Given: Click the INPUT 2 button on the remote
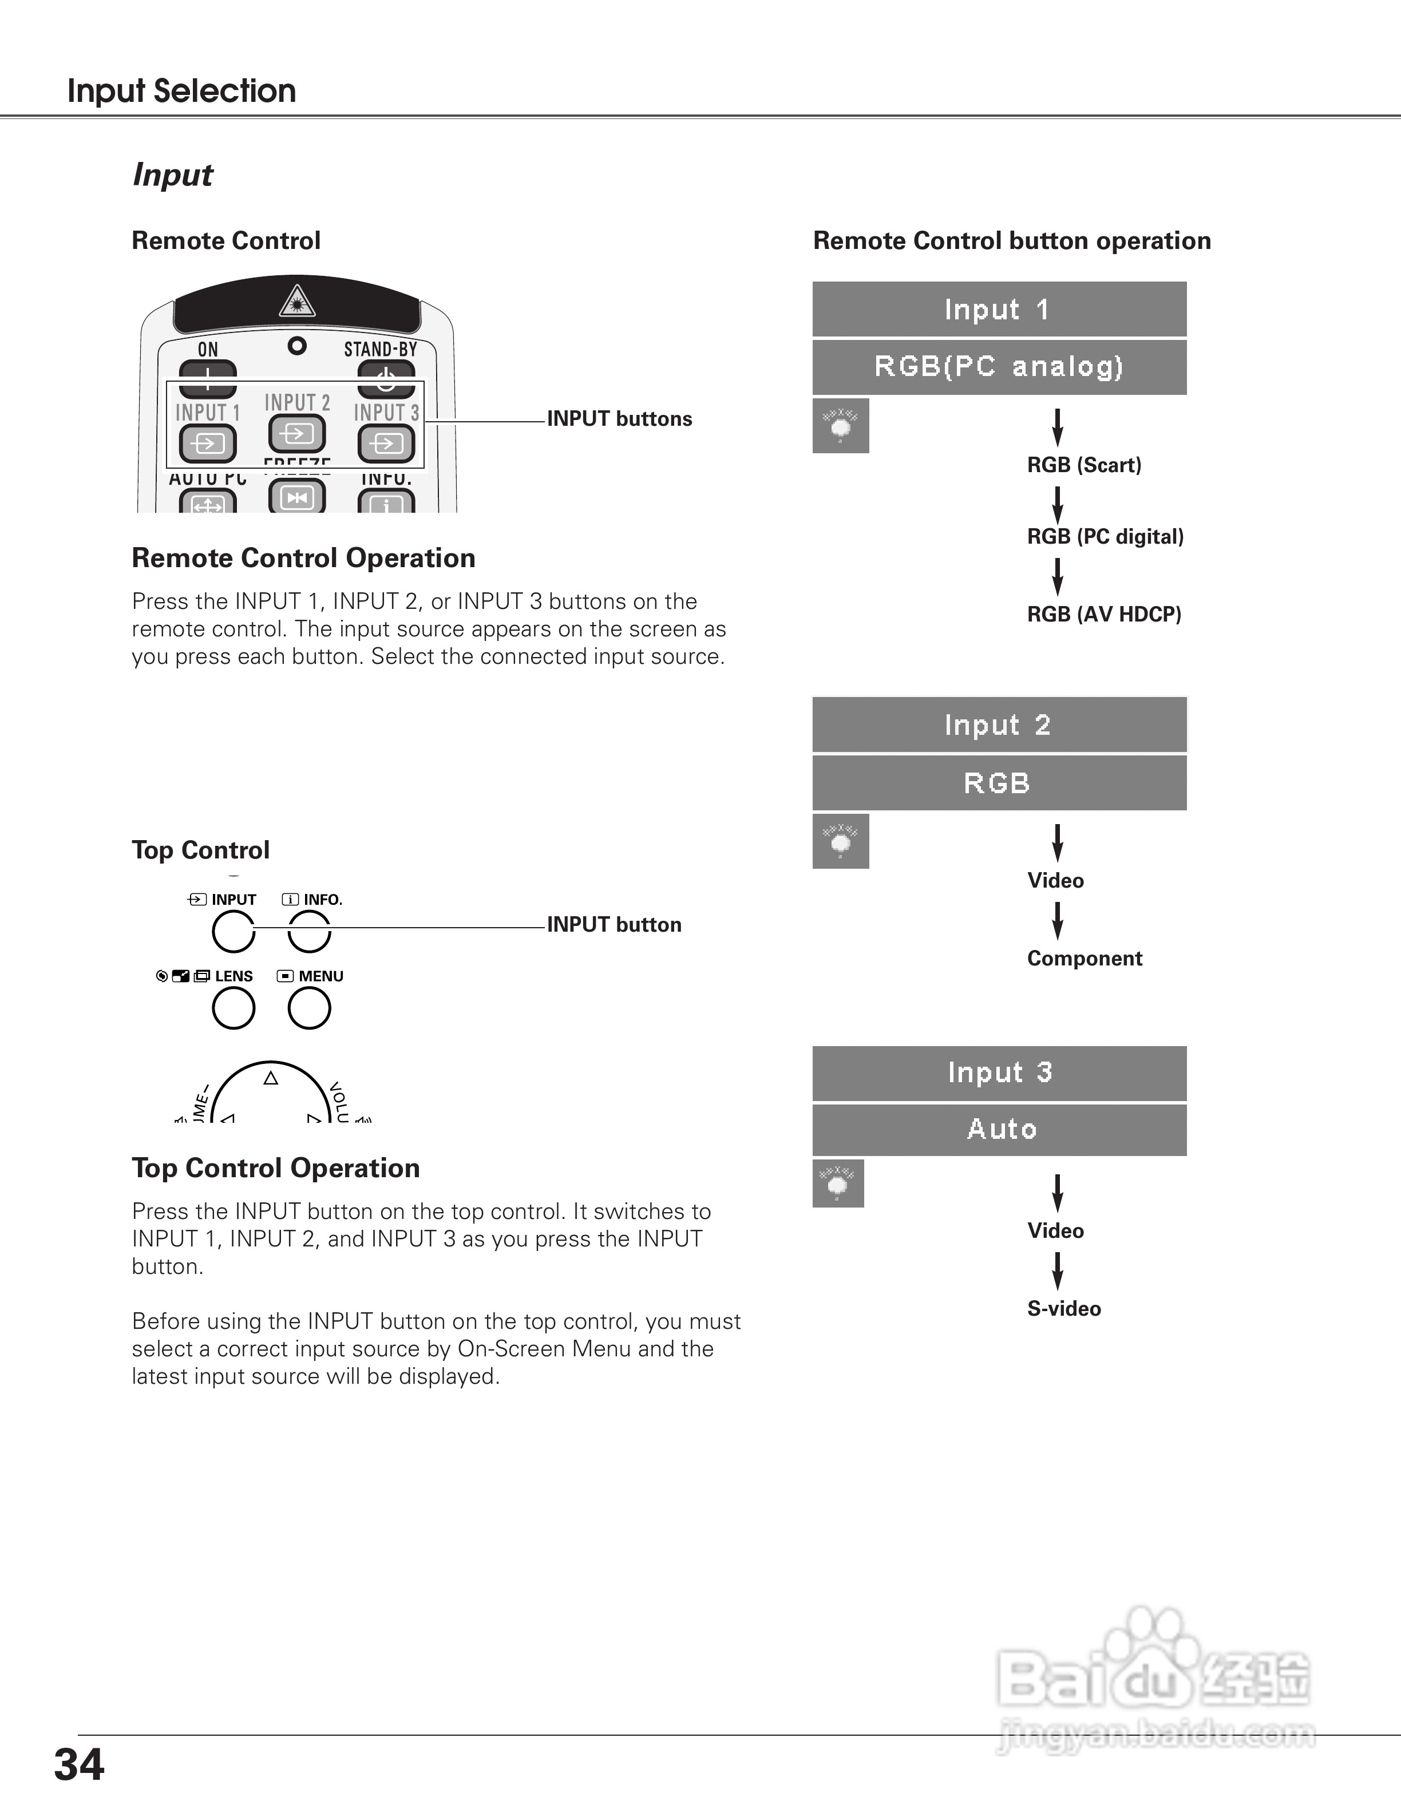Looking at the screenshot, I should point(296,433).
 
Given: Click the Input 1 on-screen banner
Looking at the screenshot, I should point(999,310).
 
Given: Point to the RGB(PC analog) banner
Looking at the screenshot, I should point(999,367).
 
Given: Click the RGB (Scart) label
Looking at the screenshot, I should point(1084,465).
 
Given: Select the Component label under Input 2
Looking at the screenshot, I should point(1084,959).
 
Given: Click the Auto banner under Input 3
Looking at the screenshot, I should point(999,1130).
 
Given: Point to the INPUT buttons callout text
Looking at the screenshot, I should point(619,419).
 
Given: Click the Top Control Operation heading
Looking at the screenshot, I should point(275,1168).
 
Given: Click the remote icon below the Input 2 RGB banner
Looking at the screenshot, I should point(840,841).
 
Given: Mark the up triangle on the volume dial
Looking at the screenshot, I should point(271,1078).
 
